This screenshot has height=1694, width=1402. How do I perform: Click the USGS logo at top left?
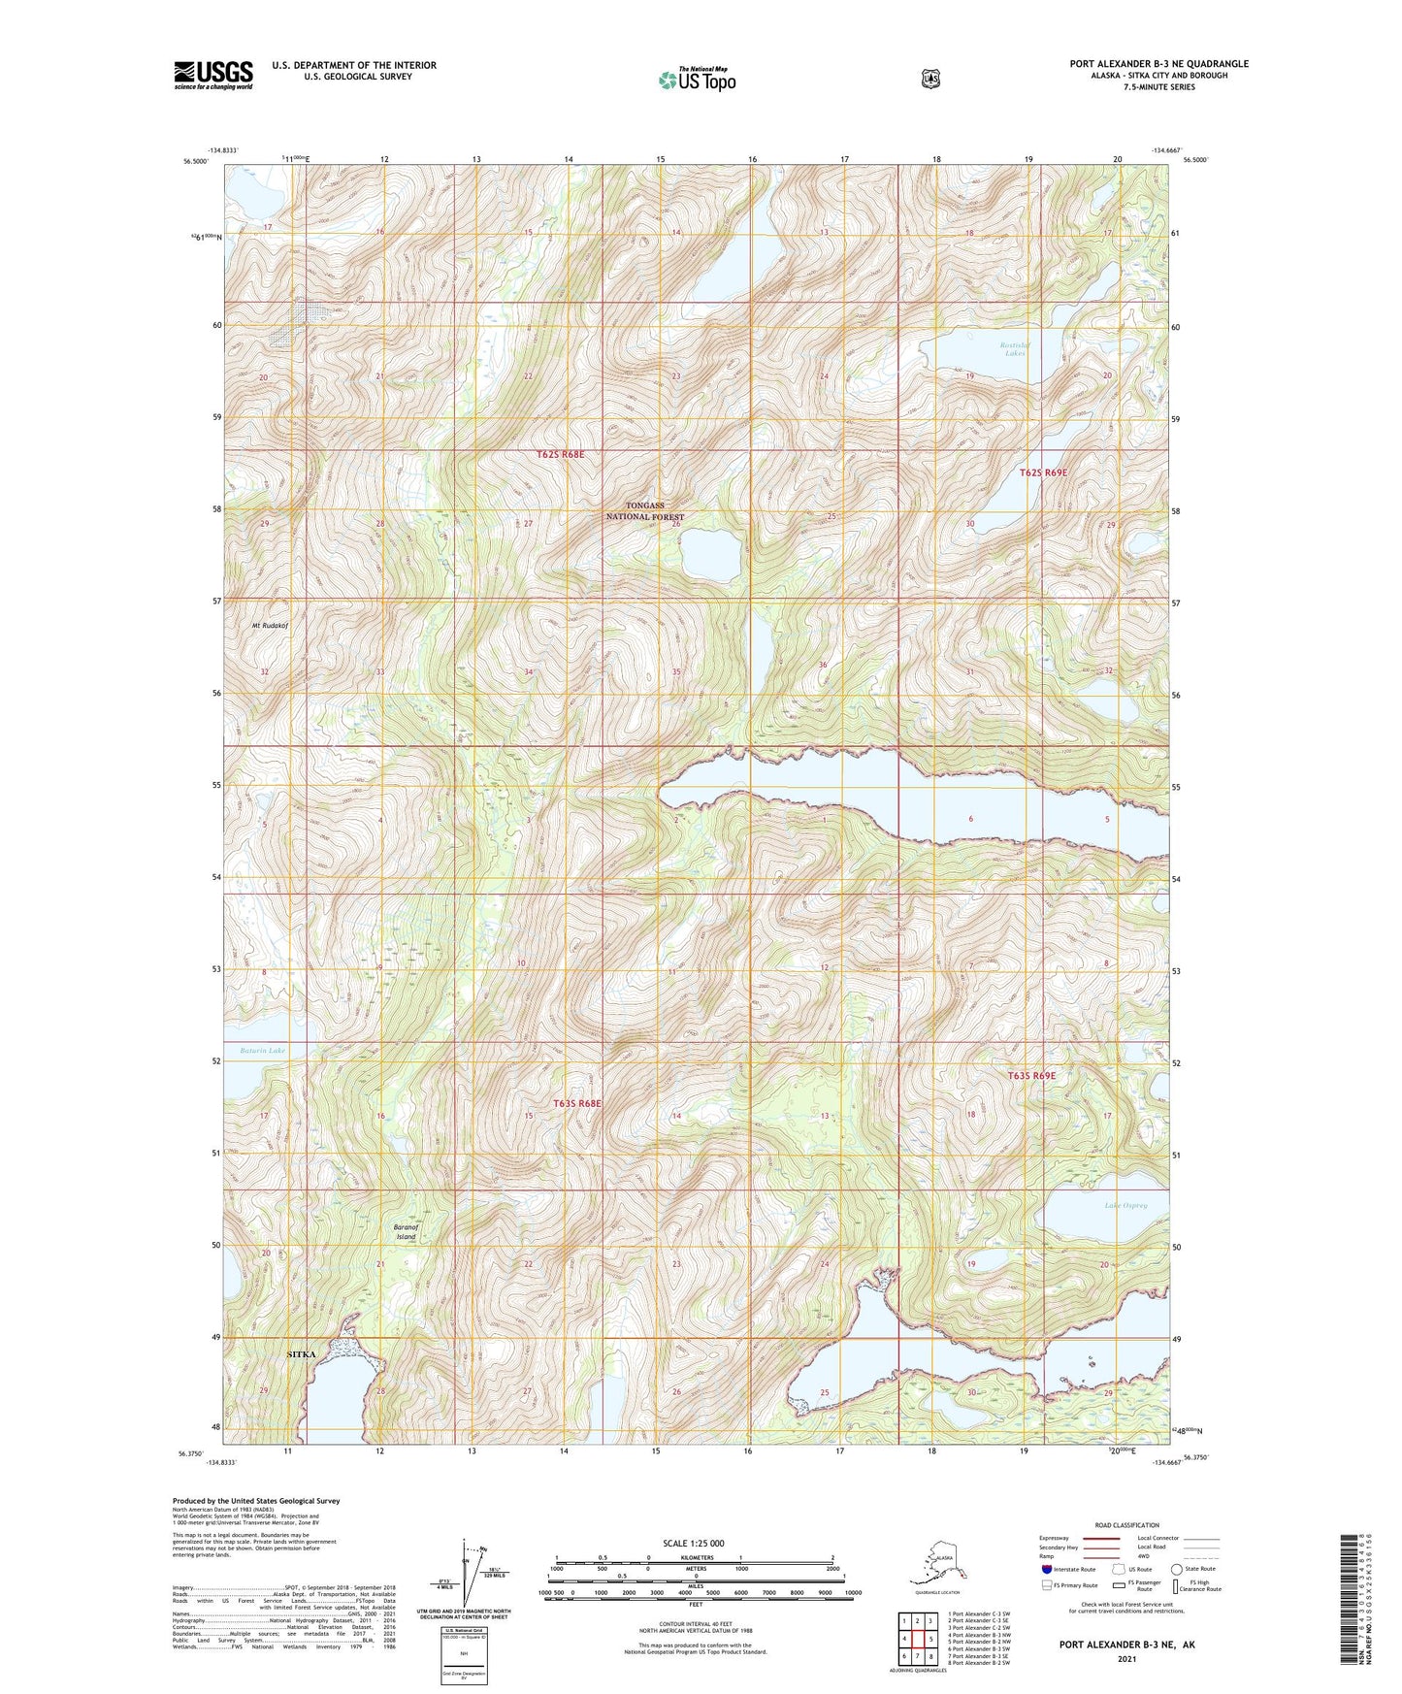click(213, 75)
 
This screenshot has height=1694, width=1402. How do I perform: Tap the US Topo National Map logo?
click(697, 80)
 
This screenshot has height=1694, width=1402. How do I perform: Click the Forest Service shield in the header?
click(930, 79)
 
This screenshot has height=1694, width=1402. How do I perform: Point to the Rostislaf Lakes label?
click(1015, 349)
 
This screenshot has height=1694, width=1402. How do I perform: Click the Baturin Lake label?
click(263, 1051)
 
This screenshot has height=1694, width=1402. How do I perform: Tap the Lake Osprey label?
click(1125, 1206)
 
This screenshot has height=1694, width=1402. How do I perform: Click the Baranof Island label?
click(406, 1232)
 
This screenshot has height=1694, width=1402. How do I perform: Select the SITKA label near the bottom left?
click(302, 1354)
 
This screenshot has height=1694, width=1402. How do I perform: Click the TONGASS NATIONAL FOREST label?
click(645, 511)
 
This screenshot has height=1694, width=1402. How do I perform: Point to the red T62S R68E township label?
click(561, 454)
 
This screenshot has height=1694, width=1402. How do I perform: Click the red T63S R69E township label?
click(1030, 1076)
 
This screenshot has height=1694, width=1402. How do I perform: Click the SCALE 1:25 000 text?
click(693, 1544)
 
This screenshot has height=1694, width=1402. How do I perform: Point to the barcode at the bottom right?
click(1351, 1612)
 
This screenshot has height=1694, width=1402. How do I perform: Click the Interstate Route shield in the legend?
click(1046, 1569)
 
